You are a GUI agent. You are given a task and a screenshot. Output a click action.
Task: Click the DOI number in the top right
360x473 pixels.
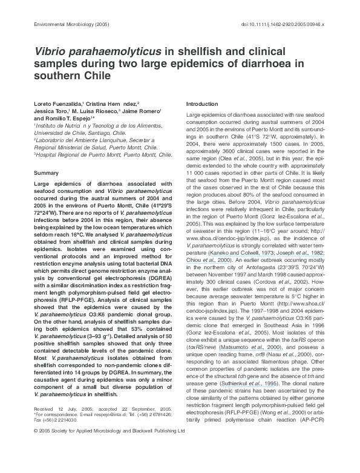pyautogui.click(x=292, y=24)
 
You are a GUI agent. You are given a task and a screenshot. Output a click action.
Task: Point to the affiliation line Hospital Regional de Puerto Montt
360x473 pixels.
pyautogui.click(x=103, y=154)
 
